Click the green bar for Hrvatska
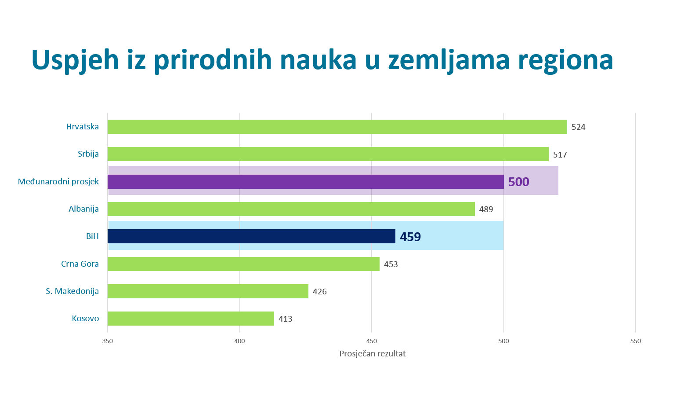[x=337, y=127]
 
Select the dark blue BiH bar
[x=251, y=236]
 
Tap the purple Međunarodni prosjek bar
[x=305, y=182]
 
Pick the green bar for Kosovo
[x=191, y=319]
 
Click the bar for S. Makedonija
[x=208, y=291]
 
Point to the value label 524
[x=578, y=127]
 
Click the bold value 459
[x=410, y=237]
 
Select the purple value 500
[x=518, y=182]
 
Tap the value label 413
[x=285, y=319]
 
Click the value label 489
[x=486, y=209]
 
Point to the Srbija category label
[x=88, y=154]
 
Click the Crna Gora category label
[x=80, y=264]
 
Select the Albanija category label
[x=83, y=209]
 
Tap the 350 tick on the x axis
[x=107, y=341]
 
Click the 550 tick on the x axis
[x=635, y=341]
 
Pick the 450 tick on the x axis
[x=371, y=341]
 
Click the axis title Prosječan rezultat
[x=372, y=354]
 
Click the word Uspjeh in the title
[x=75, y=60]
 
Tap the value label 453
[x=391, y=264]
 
